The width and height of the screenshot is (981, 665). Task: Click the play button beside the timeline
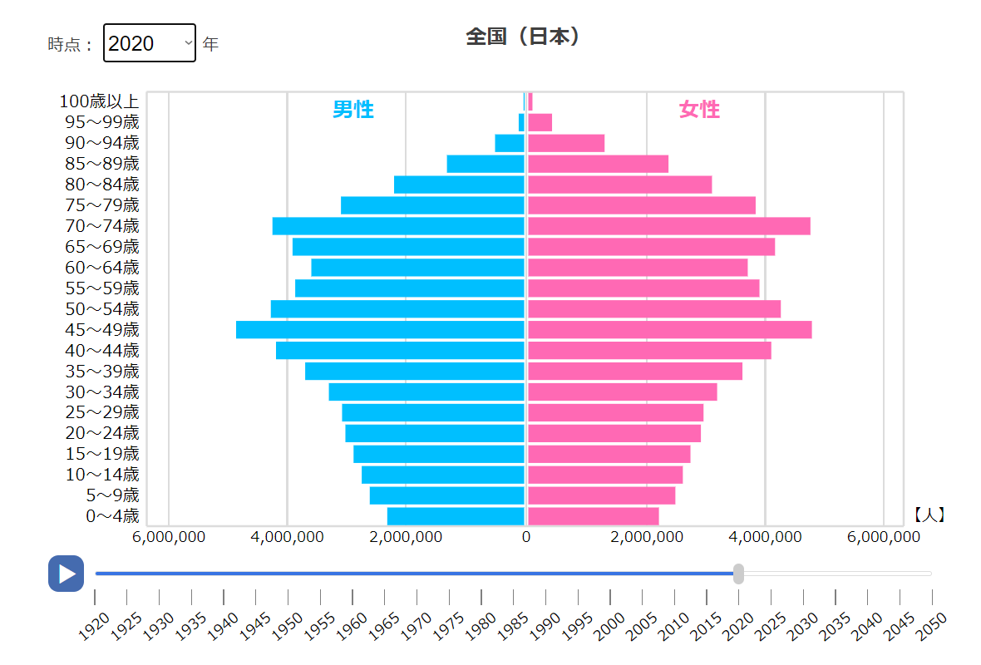(x=66, y=574)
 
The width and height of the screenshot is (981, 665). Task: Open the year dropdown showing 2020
(x=150, y=43)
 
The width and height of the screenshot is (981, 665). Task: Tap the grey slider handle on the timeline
(x=738, y=574)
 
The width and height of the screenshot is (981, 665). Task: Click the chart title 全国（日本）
(x=523, y=37)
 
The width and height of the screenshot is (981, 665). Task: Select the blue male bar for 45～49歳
(x=380, y=330)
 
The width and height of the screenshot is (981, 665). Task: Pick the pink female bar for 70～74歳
(x=668, y=226)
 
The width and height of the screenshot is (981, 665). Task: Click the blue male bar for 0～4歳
(x=456, y=516)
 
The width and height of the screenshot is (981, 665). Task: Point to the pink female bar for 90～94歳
(x=565, y=143)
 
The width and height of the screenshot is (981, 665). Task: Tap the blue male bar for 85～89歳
(x=486, y=164)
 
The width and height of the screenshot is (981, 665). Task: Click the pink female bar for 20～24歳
(x=614, y=433)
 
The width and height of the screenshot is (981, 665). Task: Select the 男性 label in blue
(x=353, y=109)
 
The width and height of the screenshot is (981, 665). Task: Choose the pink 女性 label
(x=699, y=109)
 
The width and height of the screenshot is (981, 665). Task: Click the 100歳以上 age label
(x=99, y=101)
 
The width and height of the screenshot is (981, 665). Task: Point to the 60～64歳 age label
(x=102, y=268)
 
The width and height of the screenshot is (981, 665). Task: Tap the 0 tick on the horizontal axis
(x=526, y=538)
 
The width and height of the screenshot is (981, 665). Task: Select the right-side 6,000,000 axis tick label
(x=884, y=538)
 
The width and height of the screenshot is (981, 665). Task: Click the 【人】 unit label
(x=929, y=515)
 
